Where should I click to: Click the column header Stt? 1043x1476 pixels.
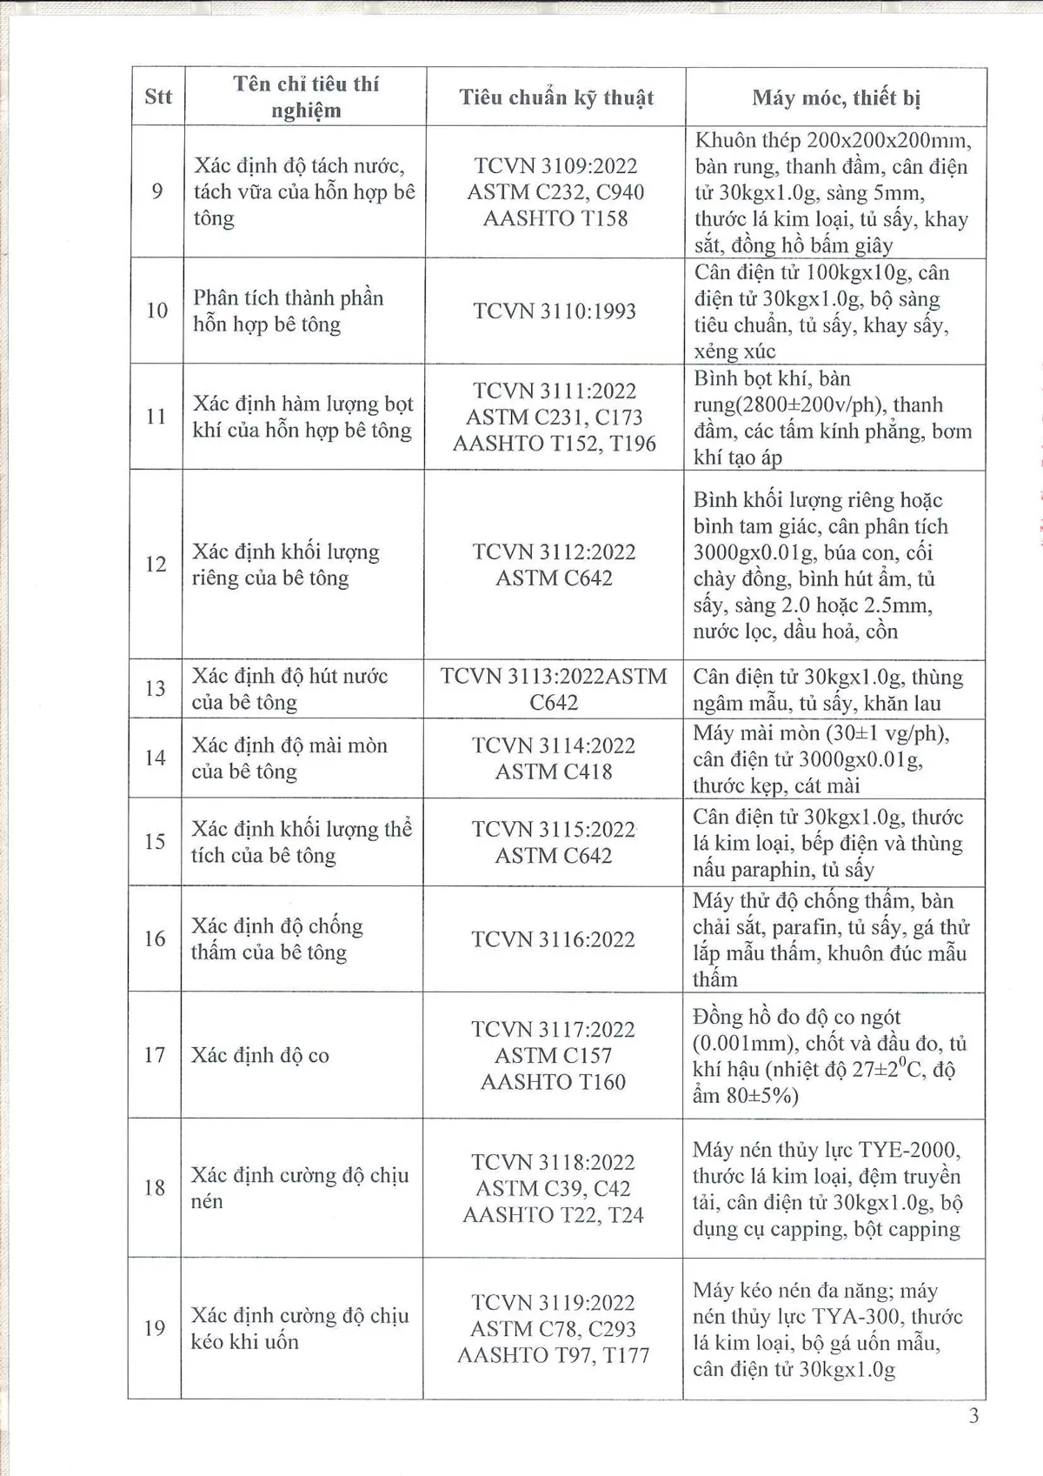157,97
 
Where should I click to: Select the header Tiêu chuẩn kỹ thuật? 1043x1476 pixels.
556,97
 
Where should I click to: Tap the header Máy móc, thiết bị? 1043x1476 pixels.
835,97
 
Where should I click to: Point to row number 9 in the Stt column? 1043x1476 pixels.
157,190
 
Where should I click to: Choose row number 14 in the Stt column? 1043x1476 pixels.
156,758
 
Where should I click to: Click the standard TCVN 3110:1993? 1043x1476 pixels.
555,311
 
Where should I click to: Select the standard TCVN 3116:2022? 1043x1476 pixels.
553,939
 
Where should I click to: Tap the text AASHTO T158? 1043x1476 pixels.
555,217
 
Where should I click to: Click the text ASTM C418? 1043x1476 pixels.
554,771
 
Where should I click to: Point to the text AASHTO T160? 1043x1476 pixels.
553,1082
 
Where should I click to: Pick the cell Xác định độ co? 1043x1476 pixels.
260,1055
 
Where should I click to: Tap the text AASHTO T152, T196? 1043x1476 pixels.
554,444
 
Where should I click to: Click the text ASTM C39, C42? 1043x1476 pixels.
553,1188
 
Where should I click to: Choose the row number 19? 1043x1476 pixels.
155,1328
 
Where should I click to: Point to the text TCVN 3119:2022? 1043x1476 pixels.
553,1302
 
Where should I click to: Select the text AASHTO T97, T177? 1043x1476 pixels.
553,1355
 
